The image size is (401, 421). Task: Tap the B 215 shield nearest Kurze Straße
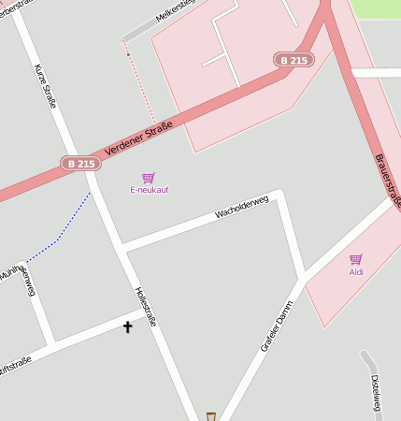[80, 163]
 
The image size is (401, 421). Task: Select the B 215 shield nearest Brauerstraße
[294, 60]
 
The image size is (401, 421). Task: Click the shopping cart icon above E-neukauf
[148, 177]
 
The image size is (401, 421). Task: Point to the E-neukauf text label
[150, 190]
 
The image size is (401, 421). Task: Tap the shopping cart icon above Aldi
[355, 259]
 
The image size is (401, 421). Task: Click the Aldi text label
[356, 272]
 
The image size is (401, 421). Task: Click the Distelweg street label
[376, 393]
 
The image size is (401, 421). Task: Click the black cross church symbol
[127, 327]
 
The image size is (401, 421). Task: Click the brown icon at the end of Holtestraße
[211, 416]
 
